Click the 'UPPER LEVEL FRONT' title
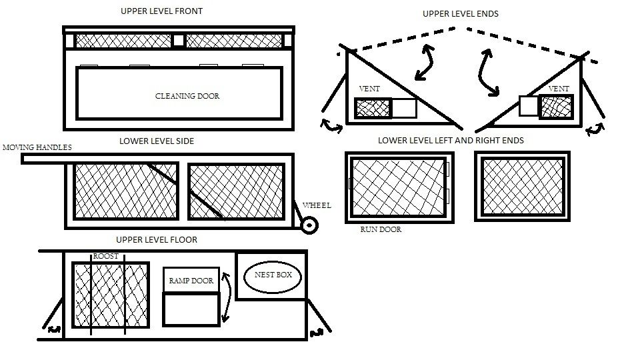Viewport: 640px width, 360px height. click(x=161, y=11)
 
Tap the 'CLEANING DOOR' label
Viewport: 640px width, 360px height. click(x=187, y=96)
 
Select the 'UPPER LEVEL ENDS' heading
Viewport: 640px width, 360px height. click(x=461, y=14)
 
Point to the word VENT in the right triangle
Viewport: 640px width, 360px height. click(x=559, y=89)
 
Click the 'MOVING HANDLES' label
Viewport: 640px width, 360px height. click(x=37, y=147)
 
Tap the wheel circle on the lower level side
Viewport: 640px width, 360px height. click(x=308, y=225)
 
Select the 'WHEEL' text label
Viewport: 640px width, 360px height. click(x=317, y=205)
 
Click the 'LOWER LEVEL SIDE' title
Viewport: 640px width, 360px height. click(x=157, y=141)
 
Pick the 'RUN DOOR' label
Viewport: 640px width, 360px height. click(x=381, y=229)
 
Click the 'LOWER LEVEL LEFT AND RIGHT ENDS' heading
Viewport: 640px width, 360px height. click(x=451, y=141)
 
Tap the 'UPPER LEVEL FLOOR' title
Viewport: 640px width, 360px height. click(x=157, y=240)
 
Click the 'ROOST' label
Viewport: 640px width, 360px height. click(x=105, y=256)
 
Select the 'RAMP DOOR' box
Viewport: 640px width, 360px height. click(x=191, y=281)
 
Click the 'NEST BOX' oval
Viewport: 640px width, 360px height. click(x=273, y=276)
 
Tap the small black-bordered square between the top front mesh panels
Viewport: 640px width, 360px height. click(x=178, y=41)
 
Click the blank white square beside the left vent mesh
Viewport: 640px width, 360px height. click(x=404, y=108)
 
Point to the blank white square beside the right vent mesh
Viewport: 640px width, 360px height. click(x=528, y=107)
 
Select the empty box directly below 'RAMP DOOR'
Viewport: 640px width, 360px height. click(x=191, y=310)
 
